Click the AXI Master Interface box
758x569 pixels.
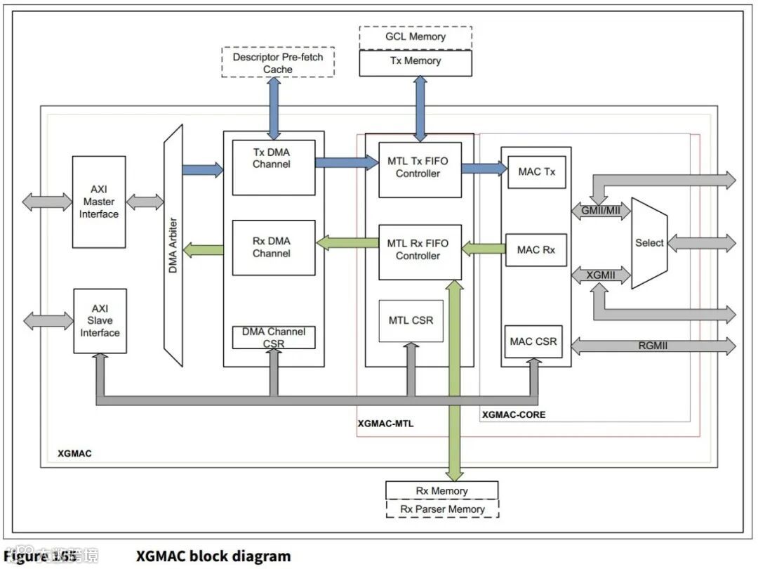pyautogui.click(x=99, y=202)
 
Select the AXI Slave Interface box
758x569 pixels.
pyautogui.click(x=100, y=321)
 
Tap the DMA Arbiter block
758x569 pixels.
pyautogui.click(x=173, y=241)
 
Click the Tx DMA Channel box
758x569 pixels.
pyautogui.click(x=273, y=167)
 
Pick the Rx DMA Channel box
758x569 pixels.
pyautogui.click(x=273, y=247)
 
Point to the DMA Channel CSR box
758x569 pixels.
pyautogui.click(x=273, y=337)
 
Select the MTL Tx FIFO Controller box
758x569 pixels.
pyautogui.click(x=419, y=169)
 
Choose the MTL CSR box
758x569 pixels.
pyautogui.click(x=411, y=320)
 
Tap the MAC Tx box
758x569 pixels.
pyautogui.click(x=536, y=171)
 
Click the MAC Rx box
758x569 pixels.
pyautogui.click(x=536, y=249)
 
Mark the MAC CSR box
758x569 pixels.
pyautogui.click(x=533, y=341)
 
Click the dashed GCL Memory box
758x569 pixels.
pyautogui.click(x=415, y=37)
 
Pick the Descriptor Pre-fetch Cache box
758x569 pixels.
pyautogui.click(x=278, y=63)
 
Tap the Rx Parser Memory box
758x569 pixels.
pyautogui.click(x=442, y=509)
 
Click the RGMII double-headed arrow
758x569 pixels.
pyautogui.click(x=653, y=346)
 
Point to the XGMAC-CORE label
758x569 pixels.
pyautogui.click(x=514, y=415)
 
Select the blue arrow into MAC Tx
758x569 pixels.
pyautogui.click(x=484, y=168)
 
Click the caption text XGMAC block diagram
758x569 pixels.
pyautogui.click(x=213, y=556)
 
